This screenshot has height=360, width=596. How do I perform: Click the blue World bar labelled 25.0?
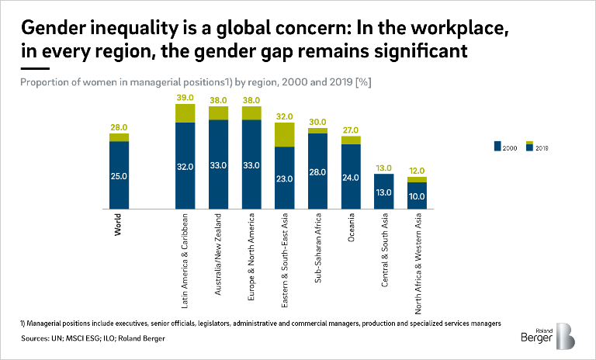119,175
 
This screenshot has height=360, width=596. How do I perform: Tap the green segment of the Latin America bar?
185,113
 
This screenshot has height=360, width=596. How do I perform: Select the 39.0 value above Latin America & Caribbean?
185,97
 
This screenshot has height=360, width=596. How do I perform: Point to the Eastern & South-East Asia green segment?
285,134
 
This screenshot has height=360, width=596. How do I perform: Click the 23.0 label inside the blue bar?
285,178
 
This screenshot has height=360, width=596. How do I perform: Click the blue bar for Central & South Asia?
385,192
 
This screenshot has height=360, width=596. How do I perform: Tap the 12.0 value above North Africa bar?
418,170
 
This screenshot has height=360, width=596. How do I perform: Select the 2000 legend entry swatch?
498,145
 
